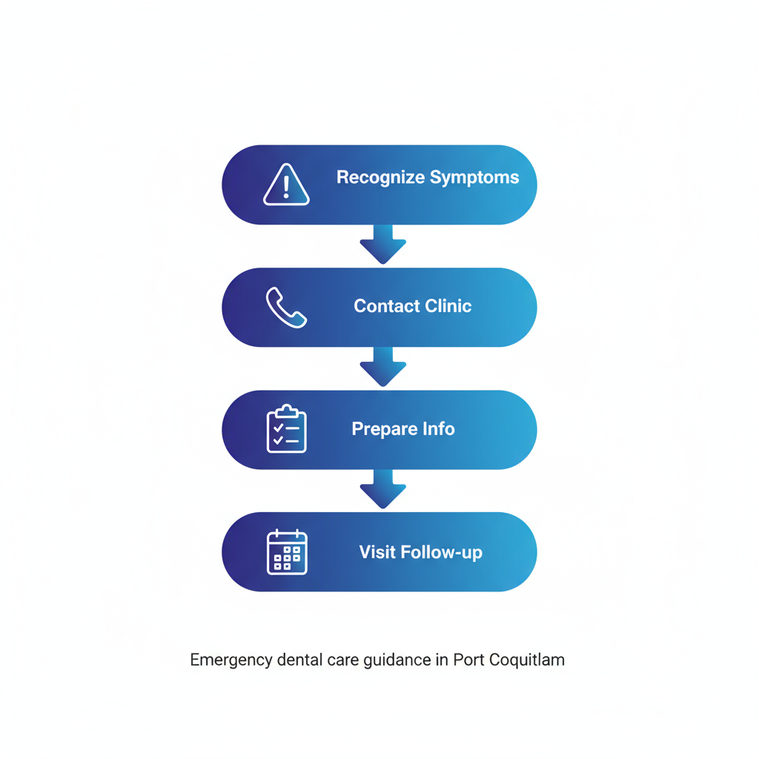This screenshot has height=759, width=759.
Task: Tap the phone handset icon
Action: coord(286,308)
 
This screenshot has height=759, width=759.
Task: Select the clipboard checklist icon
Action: coord(286,429)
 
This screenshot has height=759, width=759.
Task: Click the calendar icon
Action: coord(286,552)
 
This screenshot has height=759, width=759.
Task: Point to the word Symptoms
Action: coord(475,178)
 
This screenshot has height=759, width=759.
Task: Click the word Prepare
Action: coord(383,429)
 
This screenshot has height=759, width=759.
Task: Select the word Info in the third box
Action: coord(438,429)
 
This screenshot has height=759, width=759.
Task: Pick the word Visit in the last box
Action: coord(377,552)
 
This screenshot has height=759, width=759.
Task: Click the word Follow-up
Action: coord(441,552)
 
